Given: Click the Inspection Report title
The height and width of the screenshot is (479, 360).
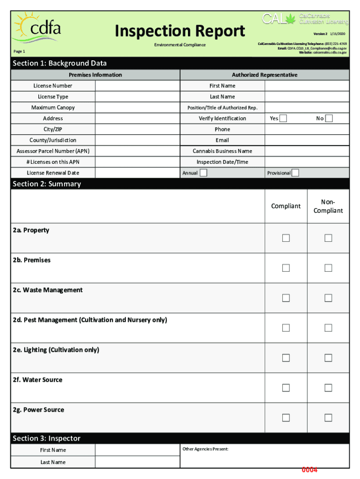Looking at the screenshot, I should (180, 31).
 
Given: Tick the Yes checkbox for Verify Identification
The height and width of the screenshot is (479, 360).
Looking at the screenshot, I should (283, 118).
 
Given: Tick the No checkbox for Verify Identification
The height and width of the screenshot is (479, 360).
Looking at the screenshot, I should (329, 118).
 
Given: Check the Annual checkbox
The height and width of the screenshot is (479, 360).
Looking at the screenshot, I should (203, 173).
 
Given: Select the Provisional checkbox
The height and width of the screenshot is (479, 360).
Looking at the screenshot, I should (295, 173).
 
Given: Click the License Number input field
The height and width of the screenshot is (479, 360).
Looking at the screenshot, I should (137, 86).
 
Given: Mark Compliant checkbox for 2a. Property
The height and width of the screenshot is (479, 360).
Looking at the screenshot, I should (286, 238).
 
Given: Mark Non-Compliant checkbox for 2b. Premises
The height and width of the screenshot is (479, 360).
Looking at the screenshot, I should (328, 268).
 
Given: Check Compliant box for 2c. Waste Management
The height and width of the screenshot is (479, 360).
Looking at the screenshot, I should (286, 298).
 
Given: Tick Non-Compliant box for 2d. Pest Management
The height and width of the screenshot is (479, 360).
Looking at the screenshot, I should (328, 328).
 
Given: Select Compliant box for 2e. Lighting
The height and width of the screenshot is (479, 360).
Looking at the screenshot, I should (286, 358).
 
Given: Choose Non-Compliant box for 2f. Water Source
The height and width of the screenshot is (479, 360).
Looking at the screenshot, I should (328, 388).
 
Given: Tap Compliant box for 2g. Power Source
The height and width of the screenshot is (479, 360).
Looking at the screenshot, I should (286, 418).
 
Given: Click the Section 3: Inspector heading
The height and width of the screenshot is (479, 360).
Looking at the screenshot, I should (47, 438).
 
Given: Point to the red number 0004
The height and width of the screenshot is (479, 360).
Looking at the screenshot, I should (310, 470).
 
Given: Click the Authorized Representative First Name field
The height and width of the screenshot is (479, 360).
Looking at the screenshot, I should (307, 86).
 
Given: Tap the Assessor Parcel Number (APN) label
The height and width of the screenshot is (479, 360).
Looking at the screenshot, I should (53, 151).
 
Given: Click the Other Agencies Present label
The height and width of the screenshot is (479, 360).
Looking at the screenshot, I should (205, 449).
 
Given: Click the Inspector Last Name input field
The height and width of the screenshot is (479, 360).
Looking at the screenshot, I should (137, 462).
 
